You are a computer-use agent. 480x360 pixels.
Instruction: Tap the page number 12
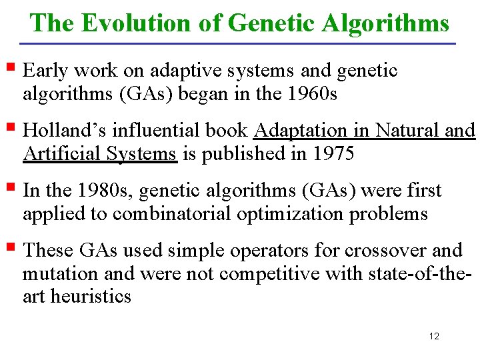tap(434, 336)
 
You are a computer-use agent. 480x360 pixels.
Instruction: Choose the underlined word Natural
tap(405, 131)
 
